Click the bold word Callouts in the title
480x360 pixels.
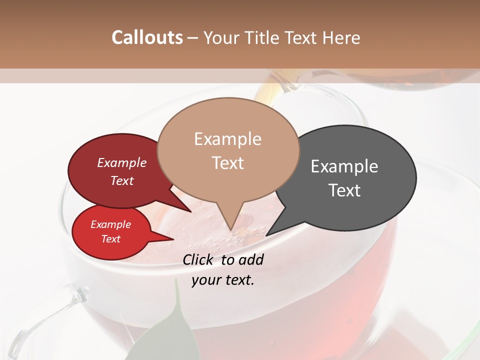[x=147, y=37]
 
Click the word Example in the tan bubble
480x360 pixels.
[x=227, y=139]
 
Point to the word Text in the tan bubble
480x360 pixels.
[x=227, y=163]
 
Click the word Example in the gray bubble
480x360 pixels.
[x=344, y=166]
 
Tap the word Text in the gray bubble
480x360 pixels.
[x=344, y=190]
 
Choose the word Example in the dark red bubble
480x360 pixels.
[x=121, y=162]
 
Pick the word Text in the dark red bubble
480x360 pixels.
[x=121, y=180]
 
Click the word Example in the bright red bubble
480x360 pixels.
[x=110, y=224]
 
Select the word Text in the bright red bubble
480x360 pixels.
[x=110, y=239]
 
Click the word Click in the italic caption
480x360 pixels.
[x=198, y=259]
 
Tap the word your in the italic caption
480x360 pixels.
[x=206, y=280]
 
